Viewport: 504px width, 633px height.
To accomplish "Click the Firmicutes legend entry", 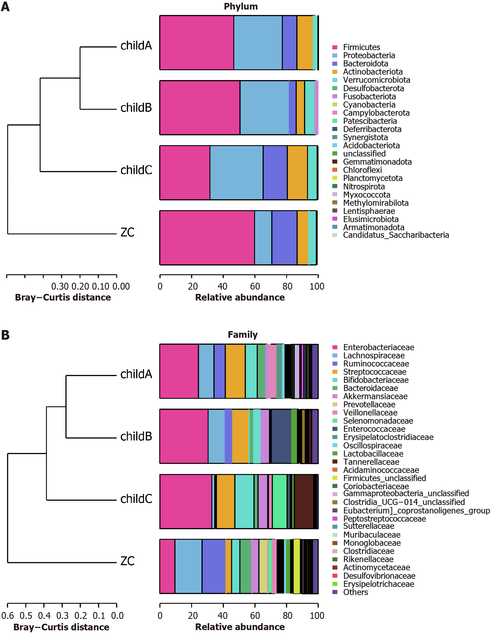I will point(361,47).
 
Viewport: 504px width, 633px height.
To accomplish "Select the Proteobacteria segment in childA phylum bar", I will point(258,43).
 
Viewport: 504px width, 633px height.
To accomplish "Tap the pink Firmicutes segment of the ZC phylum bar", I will point(207,238).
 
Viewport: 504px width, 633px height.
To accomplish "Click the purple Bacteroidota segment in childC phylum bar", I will point(275,173).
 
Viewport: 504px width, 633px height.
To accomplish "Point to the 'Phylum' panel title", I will point(241,6).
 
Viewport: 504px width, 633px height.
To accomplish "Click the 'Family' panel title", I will point(243,334).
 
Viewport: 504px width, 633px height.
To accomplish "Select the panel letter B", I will point(5,335).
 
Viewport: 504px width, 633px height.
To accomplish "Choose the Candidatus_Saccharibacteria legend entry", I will point(396,235).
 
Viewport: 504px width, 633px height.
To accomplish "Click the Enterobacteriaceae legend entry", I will point(379,347).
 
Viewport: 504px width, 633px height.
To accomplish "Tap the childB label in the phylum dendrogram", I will point(136,108).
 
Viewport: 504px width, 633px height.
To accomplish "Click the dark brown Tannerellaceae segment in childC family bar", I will point(304,501).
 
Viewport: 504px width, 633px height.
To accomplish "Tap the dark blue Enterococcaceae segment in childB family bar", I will point(281,436).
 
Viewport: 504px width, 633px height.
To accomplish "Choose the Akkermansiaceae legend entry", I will point(375,396).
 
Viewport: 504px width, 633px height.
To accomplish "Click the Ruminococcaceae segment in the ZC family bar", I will point(213,566).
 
